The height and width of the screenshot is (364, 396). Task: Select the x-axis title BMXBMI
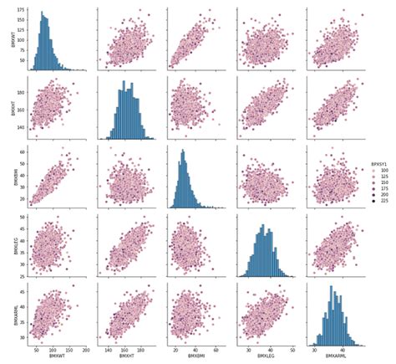(x=201, y=357)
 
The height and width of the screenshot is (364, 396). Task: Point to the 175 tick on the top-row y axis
(x=20, y=12)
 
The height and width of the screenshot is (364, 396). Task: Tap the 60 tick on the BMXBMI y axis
(x=21, y=152)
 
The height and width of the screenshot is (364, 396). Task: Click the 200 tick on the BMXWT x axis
(x=87, y=349)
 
